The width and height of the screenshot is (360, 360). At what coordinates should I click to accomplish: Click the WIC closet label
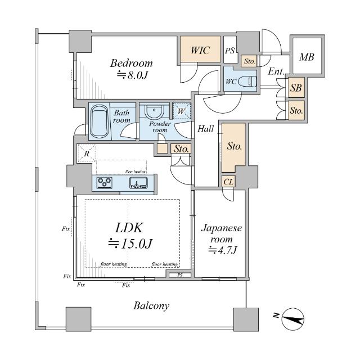click(x=200, y=51)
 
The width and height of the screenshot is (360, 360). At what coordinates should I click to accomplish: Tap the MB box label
click(x=307, y=57)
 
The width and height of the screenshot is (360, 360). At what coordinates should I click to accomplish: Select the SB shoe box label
click(x=296, y=88)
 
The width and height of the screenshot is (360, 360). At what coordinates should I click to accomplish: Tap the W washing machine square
click(x=181, y=111)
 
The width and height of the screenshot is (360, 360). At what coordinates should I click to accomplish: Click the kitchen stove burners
click(x=105, y=182)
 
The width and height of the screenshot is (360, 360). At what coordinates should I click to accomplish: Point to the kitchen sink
click(x=138, y=182)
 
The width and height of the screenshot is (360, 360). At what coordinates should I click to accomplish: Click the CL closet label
click(x=228, y=181)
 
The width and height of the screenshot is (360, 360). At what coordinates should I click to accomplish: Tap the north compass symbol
click(x=292, y=319)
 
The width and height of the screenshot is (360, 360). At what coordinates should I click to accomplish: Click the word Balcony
click(x=151, y=306)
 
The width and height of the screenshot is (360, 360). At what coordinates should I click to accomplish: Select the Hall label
click(x=205, y=129)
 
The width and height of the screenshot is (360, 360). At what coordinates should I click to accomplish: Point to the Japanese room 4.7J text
click(x=222, y=250)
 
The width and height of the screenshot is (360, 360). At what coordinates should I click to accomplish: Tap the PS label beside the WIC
click(x=229, y=51)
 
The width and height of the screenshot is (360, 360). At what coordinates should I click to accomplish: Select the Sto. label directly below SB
click(x=296, y=111)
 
